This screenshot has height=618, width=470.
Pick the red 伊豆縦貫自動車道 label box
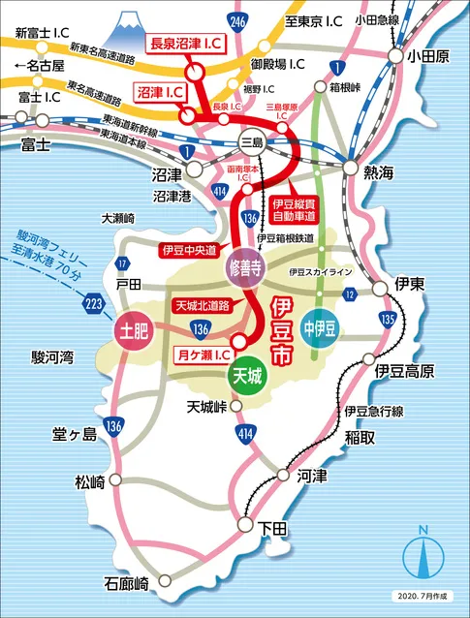coord(298,209)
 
